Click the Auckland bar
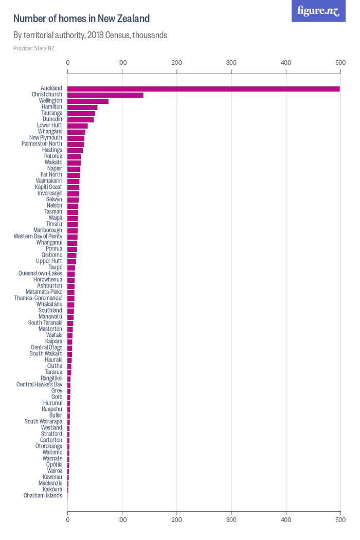[203, 89]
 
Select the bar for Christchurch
[105, 95]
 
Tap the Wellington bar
[88, 101]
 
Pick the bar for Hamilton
[82, 107]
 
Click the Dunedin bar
[81, 120]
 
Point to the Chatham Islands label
[43, 496]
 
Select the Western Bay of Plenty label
[38, 237]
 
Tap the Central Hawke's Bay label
[39, 385]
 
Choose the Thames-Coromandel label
[38, 298]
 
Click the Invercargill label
[50, 193]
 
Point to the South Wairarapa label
[43, 422]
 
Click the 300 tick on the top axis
[231, 63]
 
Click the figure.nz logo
[319, 11]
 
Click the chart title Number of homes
[81, 19]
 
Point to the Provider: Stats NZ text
[34, 48]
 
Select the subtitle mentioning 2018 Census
[90, 35]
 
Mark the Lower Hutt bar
[78, 126]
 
